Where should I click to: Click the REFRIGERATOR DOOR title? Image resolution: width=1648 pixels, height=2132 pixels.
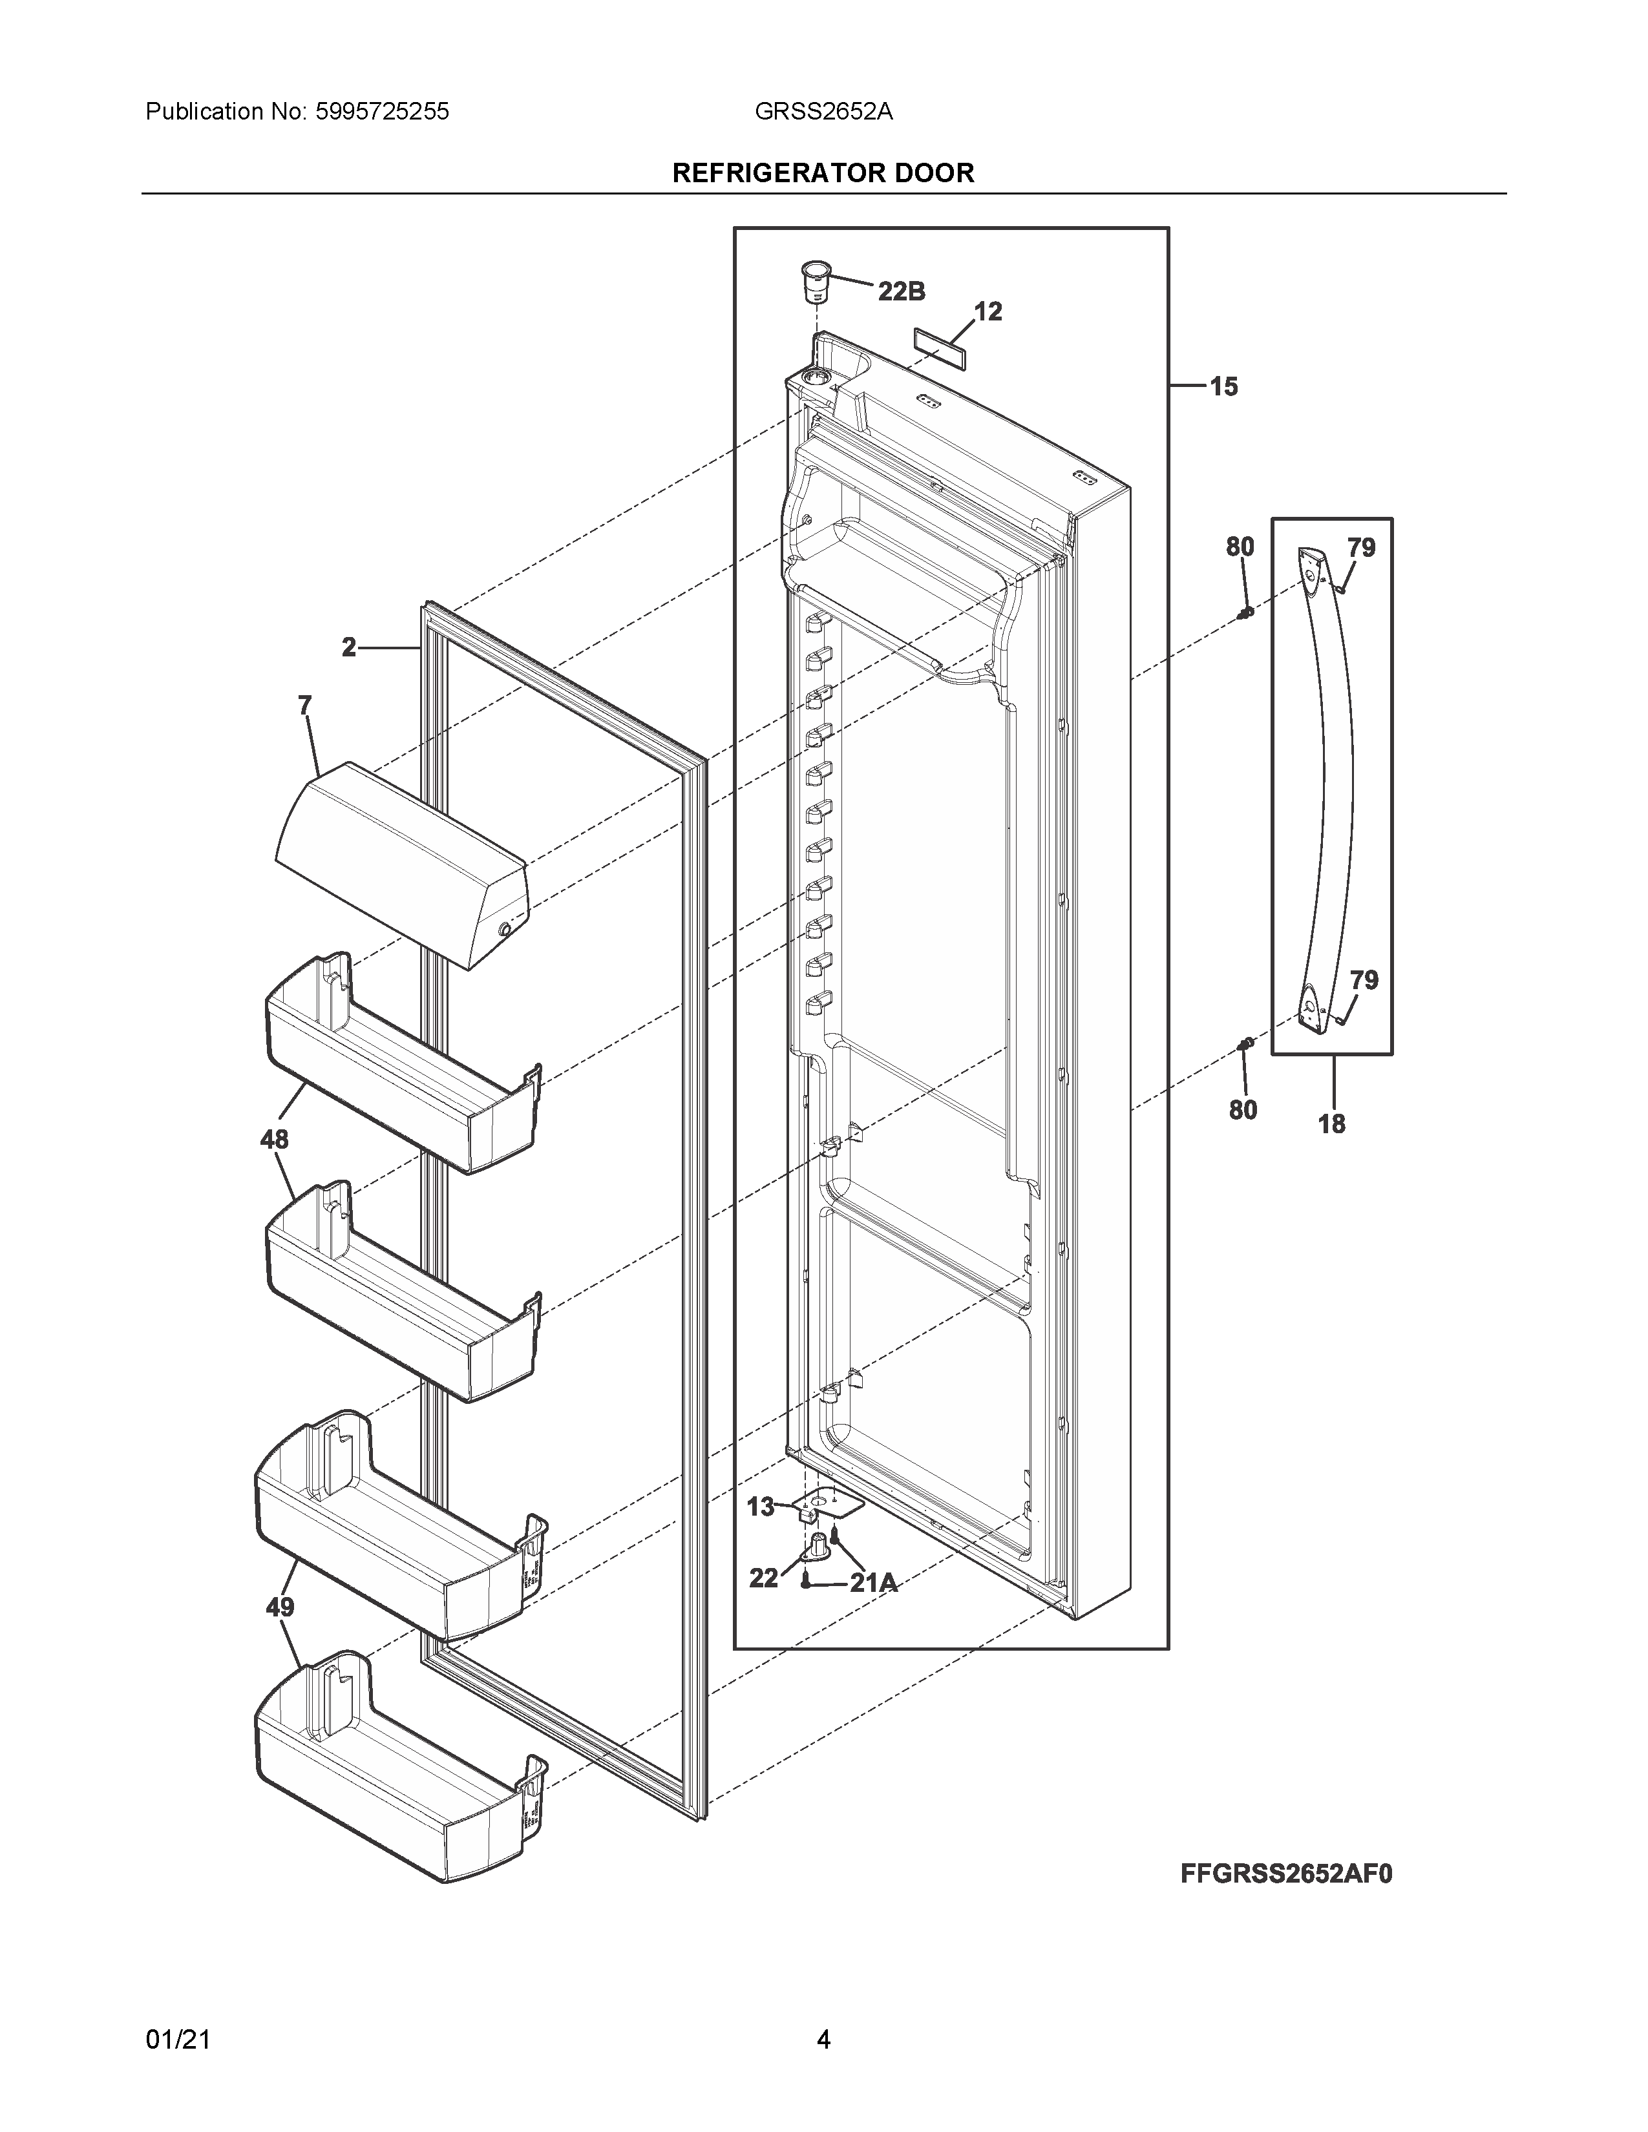pos(823,172)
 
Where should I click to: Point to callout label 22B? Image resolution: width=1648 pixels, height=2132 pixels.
pos(901,291)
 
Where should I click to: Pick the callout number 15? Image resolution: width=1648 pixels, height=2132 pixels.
pos(1223,386)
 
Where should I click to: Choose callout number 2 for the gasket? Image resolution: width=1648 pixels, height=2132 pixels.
pos(348,646)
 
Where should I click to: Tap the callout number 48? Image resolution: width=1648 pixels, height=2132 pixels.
pos(274,1138)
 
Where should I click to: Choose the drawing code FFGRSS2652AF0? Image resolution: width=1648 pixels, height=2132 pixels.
pos(1286,1874)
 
